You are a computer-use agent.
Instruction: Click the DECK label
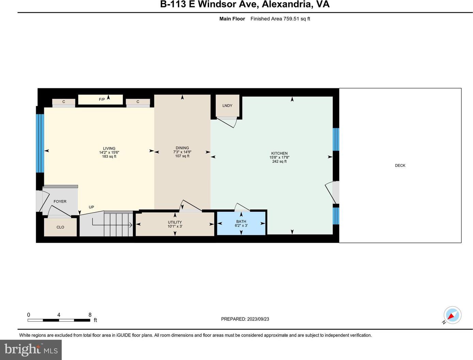(x=400, y=166)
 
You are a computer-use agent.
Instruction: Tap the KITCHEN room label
(x=279, y=153)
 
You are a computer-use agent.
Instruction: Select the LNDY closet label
(x=227, y=106)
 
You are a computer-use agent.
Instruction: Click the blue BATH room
(x=241, y=223)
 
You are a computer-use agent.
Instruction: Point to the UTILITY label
(x=175, y=222)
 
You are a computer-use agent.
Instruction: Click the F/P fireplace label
(x=102, y=99)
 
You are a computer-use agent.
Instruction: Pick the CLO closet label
(x=60, y=227)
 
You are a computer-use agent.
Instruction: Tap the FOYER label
(x=60, y=201)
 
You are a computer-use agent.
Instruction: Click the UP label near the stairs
(x=91, y=207)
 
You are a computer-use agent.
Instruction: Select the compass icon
(x=452, y=315)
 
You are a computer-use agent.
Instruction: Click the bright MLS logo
(x=31, y=350)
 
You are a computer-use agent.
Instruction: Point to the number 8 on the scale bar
(x=90, y=315)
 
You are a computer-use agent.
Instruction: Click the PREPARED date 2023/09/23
(x=258, y=319)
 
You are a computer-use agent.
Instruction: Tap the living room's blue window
(x=40, y=143)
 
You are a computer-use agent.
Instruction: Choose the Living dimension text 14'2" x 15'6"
(x=109, y=152)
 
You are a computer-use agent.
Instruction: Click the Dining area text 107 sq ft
(x=182, y=156)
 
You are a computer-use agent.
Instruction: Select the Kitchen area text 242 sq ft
(x=279, y=161)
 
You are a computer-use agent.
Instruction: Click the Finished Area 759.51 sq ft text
(x=280, y=19)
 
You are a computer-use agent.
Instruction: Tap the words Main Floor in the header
(x=232, y=19)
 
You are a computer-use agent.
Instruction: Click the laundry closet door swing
(x=227, y=123)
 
